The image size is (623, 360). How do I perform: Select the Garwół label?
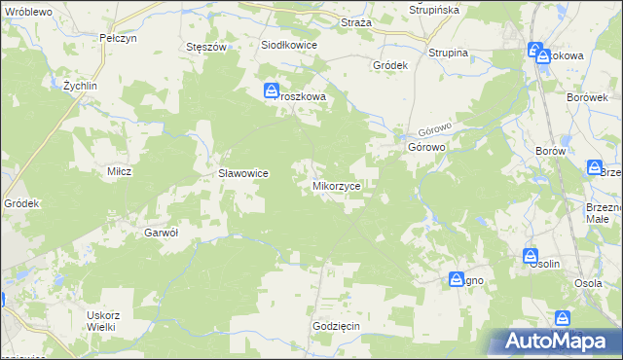pos(161,233)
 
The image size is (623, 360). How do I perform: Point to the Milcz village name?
pos(119,170)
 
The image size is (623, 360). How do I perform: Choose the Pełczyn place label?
pos(116,37)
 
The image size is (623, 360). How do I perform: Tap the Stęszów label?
pos(205,46)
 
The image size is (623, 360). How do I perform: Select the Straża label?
pos(355,21)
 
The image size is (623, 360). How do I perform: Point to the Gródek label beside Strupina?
pos(389,65)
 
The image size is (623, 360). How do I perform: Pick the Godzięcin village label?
pos(337,326)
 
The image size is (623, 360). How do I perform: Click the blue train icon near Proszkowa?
pos(272,91)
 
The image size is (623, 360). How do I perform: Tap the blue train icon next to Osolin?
pos(531,256)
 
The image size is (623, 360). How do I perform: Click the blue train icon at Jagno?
pos(457,280)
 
